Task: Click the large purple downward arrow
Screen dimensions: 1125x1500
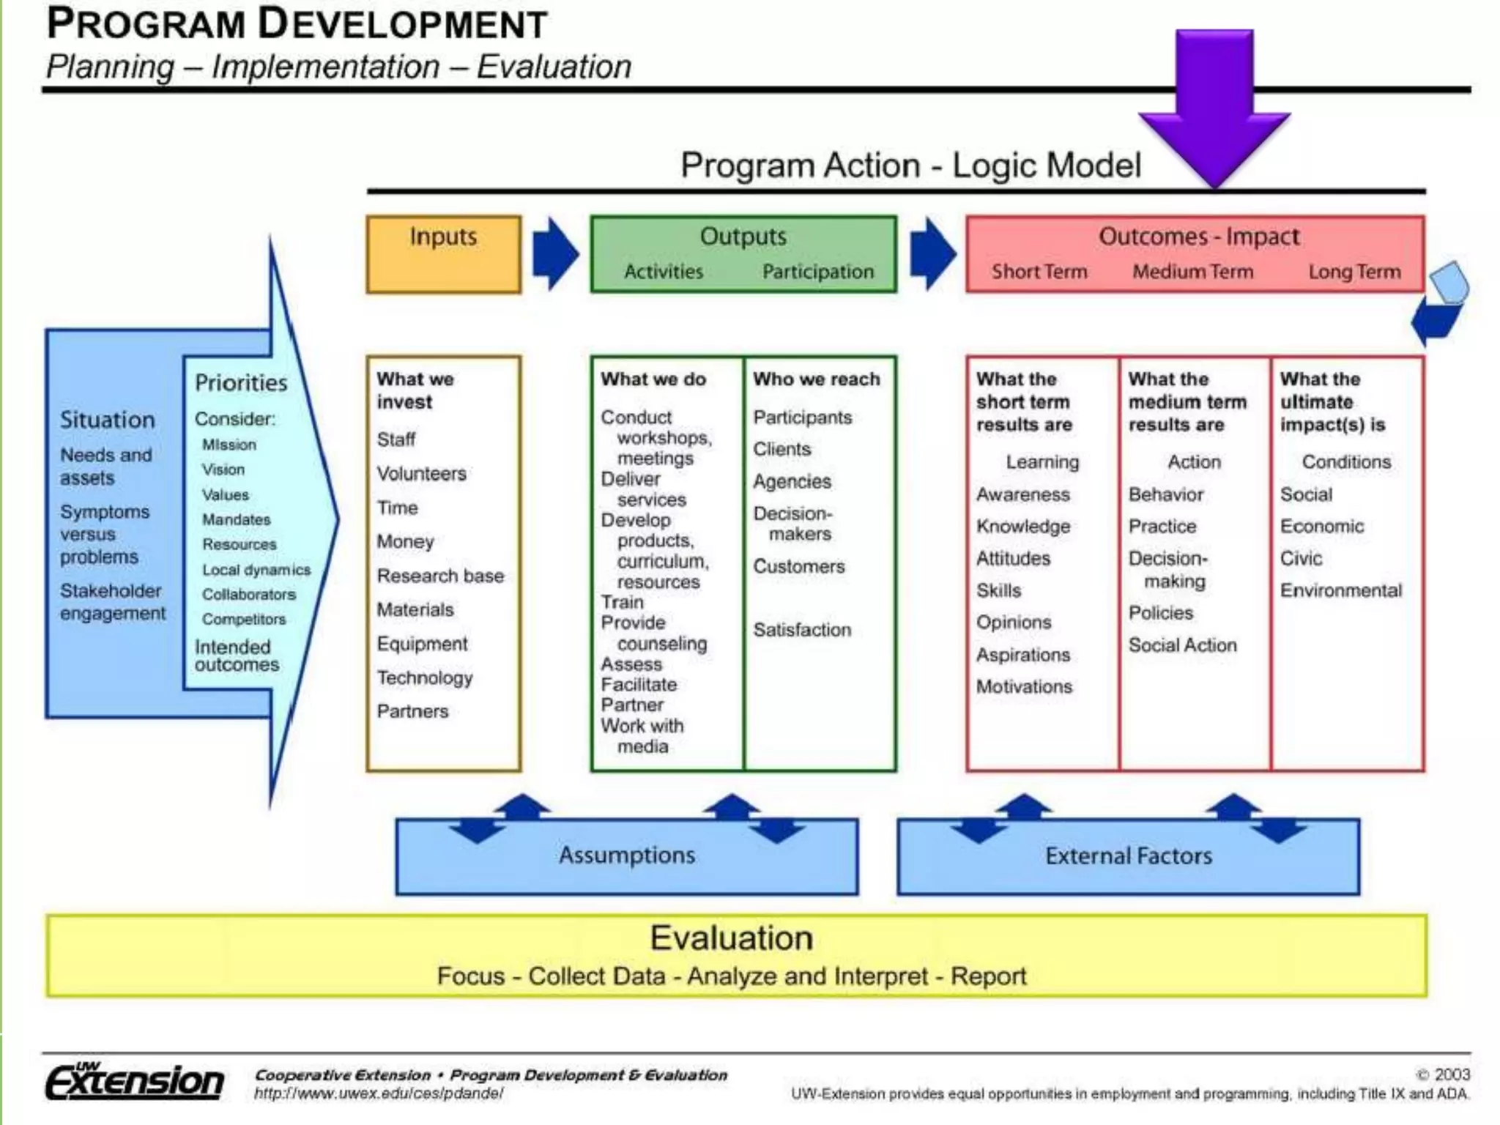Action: point(1215,103)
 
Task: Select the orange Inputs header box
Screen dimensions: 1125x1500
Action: point(444,254)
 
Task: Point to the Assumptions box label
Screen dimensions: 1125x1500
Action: point(627,855)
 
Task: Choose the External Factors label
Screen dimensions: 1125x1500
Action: point(1129,856)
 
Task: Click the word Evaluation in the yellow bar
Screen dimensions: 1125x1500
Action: point(732,938)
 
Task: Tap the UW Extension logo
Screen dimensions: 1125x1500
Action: point(135,1081)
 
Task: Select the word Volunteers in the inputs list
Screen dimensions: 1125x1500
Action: point(421,474)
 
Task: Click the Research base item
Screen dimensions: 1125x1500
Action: point(440,576)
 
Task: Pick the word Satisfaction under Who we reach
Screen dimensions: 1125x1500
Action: point(802,630)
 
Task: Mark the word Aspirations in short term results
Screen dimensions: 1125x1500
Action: point(1023,655)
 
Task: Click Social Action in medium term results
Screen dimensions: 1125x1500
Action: point(1182,645)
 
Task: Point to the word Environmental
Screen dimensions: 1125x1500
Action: point(1340,590)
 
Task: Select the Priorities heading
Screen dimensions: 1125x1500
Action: point(241,383)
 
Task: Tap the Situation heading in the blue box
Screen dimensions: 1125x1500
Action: point(108,420)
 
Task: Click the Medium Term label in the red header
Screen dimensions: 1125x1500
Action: point(1193,272)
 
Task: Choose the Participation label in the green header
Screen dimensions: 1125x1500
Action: point(818,272)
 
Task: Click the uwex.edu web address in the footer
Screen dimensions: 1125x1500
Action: point(379,1094)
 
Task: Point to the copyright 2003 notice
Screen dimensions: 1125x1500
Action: point(1443,1074)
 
